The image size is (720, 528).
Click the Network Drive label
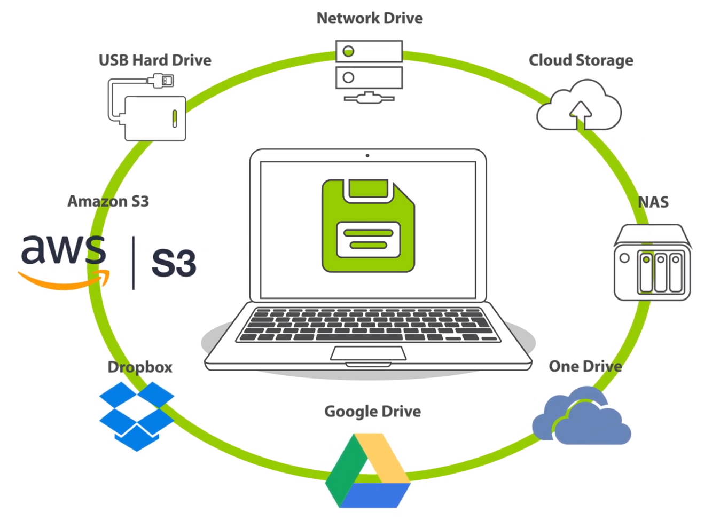[x=370, y=18]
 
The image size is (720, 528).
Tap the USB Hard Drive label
[x=155, y=60]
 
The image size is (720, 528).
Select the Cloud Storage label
[x=581, y=60]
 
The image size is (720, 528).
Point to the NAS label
[x=653, y=202]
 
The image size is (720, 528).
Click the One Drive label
[x=585, y=366]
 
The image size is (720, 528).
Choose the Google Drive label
[x=372, y=411]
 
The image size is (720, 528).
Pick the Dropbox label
[x=140, y=367]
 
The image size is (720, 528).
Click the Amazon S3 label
[x=108, y=201]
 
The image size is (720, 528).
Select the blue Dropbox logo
[x=137, y=415]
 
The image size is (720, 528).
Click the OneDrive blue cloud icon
[x=582, y=417]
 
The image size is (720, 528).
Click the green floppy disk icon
[x=368, y=226]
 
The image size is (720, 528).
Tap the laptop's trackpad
[x=368, y=353]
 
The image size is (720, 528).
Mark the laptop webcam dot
[x=367, y=156]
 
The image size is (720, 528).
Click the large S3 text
[x=174, y=263]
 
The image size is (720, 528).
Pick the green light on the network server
[x=348, y=51]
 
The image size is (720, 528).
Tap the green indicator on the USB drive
[x=175, y=118]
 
